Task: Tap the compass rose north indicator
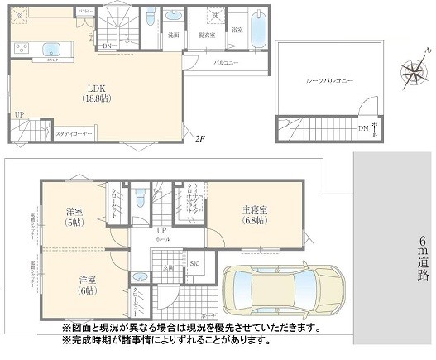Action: click(411, 73)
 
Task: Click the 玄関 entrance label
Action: click(168, 266)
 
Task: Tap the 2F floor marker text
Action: click(199, 139)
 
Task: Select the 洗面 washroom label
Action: click(174, 36)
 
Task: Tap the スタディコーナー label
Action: click(74, 132)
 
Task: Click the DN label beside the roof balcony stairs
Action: click(362, 128)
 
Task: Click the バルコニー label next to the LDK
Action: click(227, 62)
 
